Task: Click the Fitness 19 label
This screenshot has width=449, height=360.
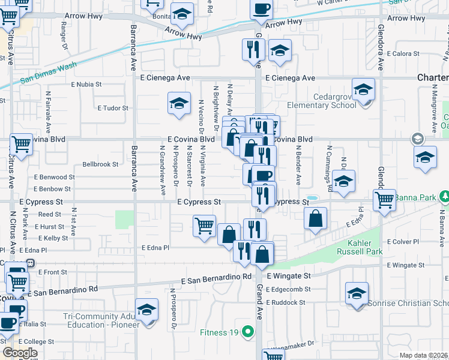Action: click(220, 331)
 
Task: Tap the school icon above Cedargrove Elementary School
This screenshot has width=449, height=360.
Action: click(363, 90)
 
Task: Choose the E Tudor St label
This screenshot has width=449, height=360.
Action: click(113, 108)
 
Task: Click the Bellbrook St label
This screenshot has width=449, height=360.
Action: click(100, 164)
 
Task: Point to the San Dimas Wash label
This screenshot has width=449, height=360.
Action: click(49, 72)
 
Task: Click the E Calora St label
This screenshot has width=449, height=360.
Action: click(403, 54)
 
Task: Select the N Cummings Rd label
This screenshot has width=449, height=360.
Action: click(329, 164)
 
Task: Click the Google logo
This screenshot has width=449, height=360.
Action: click(20, 353)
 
